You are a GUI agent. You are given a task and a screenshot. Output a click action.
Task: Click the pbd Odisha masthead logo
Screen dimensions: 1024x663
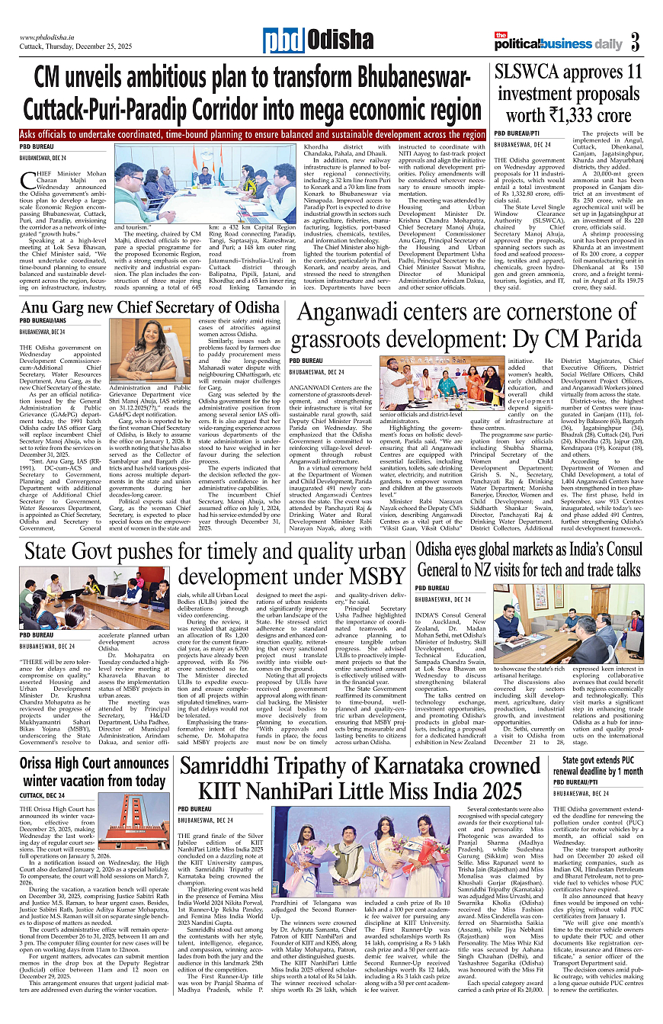(x=318, y=40)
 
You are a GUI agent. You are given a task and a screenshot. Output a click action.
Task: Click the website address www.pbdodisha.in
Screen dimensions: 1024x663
(x=52, y=37)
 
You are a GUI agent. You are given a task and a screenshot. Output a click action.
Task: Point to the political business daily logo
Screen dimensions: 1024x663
(x=559, y=43)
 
